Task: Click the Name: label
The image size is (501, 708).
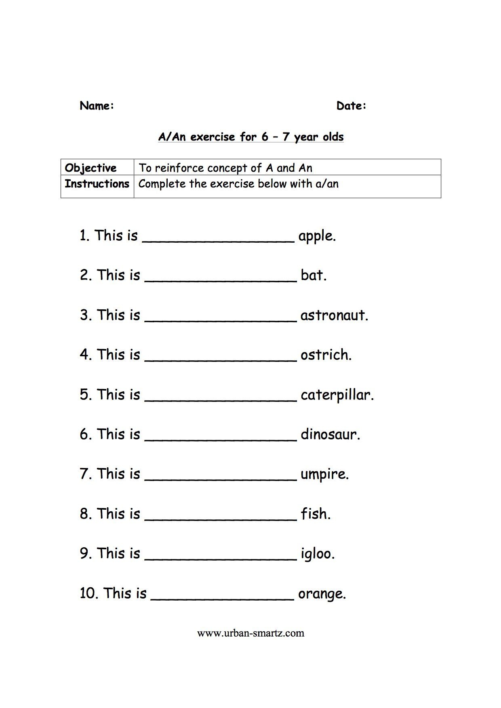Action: (97, 106)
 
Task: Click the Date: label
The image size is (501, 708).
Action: (351, 106)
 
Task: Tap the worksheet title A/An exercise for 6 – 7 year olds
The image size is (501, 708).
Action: (250, 137)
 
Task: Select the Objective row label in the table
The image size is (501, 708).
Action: (91, 168)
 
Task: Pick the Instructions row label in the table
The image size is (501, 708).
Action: (97, 184)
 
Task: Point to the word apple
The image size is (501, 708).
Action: (317, 236)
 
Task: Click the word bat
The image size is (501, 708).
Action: (313, 275)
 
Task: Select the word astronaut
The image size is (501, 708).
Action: (334, 315)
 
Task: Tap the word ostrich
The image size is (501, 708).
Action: (326, 355)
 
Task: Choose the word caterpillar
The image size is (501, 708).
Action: (337, 395)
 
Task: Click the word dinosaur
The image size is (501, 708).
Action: (330, 435)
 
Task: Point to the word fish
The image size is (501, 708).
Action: (315, 514)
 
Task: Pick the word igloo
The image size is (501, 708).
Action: (317, 554)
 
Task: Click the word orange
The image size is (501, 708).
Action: (322, 594)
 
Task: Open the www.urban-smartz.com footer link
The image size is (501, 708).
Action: (250, 633)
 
